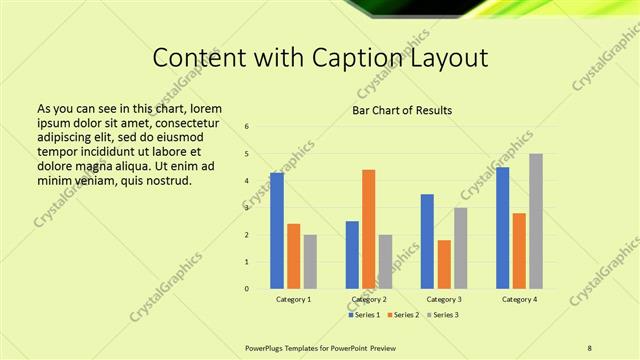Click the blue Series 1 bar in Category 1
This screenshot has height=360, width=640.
coord(277,231)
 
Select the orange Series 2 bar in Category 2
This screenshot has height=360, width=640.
coord(369,229)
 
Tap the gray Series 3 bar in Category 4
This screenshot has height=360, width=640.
coord(536,221)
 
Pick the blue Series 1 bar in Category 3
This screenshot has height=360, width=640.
coord(427,241)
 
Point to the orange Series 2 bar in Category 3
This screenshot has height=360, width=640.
coord(444,264)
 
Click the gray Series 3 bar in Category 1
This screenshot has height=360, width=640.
coord(310,262)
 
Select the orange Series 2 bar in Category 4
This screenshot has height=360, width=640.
coord(519,251)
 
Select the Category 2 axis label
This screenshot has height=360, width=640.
coord(369,299)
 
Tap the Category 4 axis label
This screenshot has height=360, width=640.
coord(519,299)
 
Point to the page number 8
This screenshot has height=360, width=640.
coord(590,347)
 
